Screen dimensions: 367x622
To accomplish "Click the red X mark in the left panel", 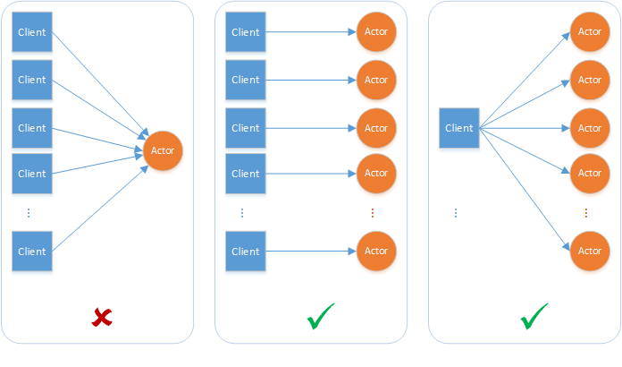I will click(x=103, y=317).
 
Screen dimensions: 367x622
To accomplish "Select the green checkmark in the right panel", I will click(x=534, y=316).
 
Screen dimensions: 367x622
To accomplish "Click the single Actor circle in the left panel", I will click(x=163, y=150).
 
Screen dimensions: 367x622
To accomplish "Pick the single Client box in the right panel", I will click(x=459, y=128).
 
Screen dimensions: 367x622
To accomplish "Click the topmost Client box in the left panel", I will click(x=32, y=32).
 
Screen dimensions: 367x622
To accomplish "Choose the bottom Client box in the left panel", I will click(x=32, y=252).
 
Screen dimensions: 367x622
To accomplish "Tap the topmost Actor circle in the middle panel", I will click(x=376, y=32).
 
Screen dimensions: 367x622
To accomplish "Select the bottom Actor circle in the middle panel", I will click(x=376, y=252).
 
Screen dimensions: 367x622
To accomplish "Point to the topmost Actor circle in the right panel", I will click(x=590, y=32).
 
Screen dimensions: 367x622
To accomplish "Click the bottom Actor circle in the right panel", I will click(x=590, y=252).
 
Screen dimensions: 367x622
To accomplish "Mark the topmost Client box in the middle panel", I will click(x=246, y=32).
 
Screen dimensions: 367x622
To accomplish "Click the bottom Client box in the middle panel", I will click(x=246, y=252).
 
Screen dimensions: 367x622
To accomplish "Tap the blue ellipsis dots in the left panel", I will click(x=29, y=213).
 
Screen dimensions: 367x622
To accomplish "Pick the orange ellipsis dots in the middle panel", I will click(x=373, y=213).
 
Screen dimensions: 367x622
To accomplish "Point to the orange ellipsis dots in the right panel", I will click(x=586, y=213).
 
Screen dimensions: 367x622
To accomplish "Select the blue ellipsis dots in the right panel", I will click(x=456, y=213).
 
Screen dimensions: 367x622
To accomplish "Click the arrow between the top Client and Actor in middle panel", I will click(x=311, y=32).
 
